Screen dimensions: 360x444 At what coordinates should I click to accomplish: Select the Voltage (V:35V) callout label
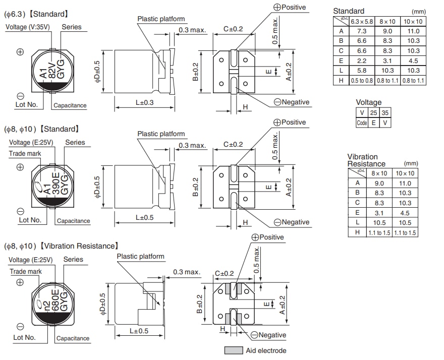coord(28,27)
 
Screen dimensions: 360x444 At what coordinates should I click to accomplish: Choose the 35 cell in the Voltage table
coord(384,113)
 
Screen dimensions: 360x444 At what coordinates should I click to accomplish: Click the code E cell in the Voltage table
coord(373,123)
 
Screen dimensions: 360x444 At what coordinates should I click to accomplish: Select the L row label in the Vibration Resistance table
coord(357,222)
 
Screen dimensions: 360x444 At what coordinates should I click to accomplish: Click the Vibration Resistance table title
coord(366,160)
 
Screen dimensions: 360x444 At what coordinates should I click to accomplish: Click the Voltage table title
coord(368,102)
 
